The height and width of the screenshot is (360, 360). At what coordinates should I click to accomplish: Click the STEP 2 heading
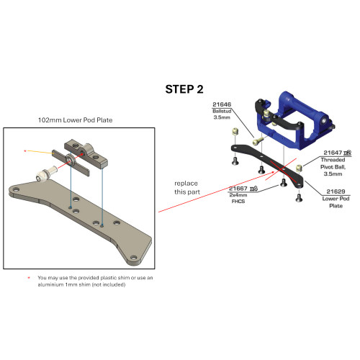pyautogui.click(x=184, y=89)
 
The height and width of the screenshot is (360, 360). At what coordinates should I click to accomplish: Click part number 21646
pyautogui.click(x=222, y=104)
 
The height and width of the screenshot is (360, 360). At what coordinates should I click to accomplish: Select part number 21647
pyautogui.click(x=333, y=153)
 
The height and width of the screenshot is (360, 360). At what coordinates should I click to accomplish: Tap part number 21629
pyautogui.click(x=336, y=192)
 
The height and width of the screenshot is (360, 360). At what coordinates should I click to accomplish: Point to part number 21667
pyautogui.click(x=238, y=189)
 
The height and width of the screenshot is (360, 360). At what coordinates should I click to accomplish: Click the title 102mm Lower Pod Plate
pyautogui.click(x=75, y=120)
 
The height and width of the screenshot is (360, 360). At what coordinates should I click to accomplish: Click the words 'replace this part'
pyautogui.click(x=187, y=188)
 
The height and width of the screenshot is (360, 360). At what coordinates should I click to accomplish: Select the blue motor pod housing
pyautogui.click(x=294, y=120)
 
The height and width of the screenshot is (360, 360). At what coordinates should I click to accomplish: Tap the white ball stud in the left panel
pyautogui.click(x=46, y=174)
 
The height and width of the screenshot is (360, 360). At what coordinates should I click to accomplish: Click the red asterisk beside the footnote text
pyautogui.click(x=29, y=278)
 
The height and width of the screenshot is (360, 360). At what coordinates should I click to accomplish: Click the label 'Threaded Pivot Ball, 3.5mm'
pyautogui.click(x=333, y=167)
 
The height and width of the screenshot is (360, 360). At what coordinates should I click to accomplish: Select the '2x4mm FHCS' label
pyautogui.click(x=238, y=198)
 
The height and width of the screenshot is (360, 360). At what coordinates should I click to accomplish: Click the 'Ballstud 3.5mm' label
pyautogui.click(x=222, y=114)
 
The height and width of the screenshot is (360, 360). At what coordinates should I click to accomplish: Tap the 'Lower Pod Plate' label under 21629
pyautogui.click(x=336, y=202)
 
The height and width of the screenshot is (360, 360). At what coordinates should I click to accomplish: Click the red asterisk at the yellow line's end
pyautogui.click(x=25, y=151)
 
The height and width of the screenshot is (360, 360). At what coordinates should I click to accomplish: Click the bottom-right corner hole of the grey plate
pyautogui.click(x=134, y=258)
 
